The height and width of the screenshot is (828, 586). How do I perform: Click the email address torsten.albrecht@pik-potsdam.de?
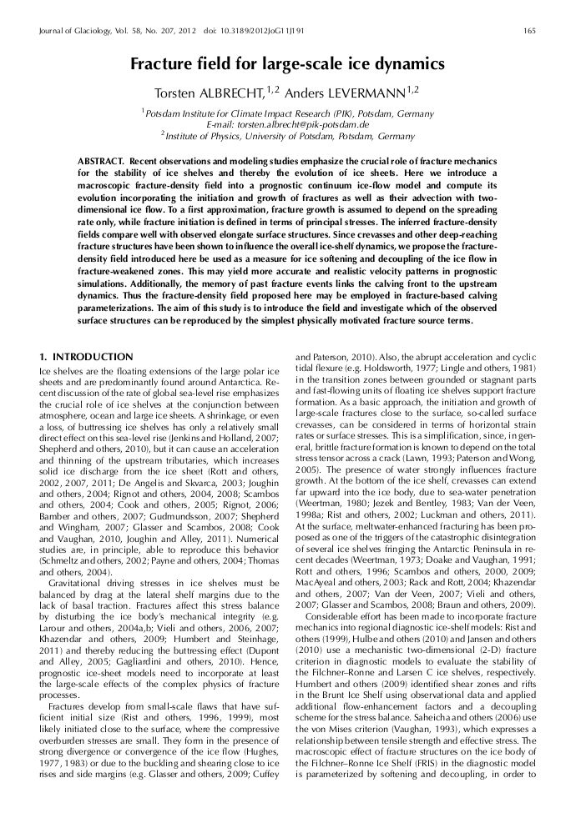click(x=293, y=123)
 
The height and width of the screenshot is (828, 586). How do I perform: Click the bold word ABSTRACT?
click(x=100, y=159)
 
